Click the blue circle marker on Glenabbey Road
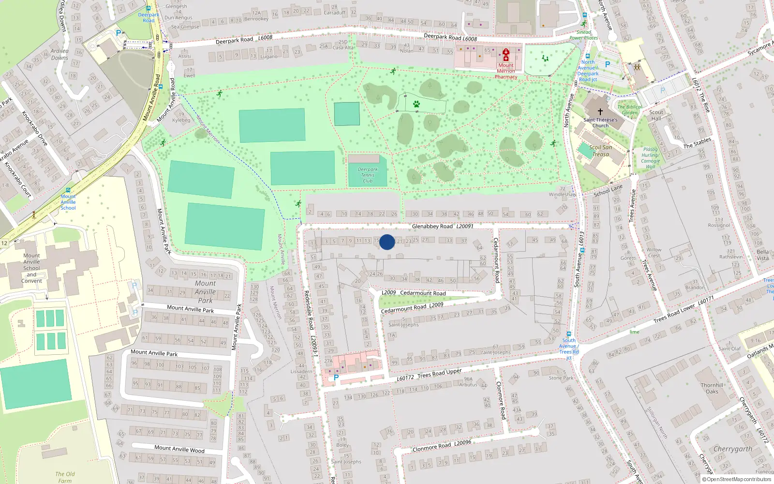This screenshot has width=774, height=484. (x=387, y=242)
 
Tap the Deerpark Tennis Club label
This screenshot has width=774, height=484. (x=368, y=175)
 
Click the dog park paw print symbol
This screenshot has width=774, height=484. (x=416, y=104)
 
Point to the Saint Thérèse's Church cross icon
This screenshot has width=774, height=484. (x=600, y=112)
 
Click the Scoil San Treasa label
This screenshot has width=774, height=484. (x=600, y=151)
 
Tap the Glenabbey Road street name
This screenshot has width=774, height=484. (x=432, y=226)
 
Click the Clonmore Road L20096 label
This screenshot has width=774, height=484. (x=442, y=446)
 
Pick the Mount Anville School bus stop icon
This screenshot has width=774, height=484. (x=68, y=190)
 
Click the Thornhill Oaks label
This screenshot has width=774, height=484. (x=712, y=388)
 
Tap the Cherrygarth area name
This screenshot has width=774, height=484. (x=732, y=449)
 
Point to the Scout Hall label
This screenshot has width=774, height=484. (x=656, y=115)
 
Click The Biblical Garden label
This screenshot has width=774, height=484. (x=630, y=110)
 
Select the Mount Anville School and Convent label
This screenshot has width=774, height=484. (x=31, y=268)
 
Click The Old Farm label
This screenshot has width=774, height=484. (x=65, y=477)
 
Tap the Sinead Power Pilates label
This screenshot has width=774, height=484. (x=583, y=35)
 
